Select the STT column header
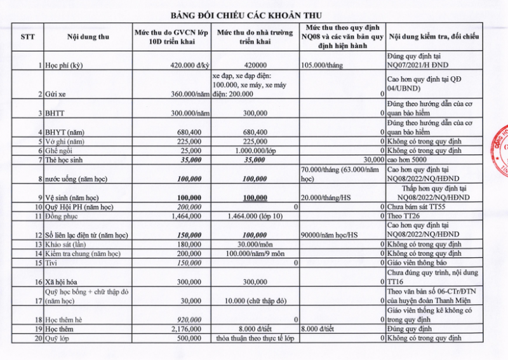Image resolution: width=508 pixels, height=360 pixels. click(27, 37)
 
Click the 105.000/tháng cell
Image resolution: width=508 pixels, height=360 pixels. click(323, 65)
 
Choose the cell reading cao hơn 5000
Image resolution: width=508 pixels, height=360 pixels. click(406, 160)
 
